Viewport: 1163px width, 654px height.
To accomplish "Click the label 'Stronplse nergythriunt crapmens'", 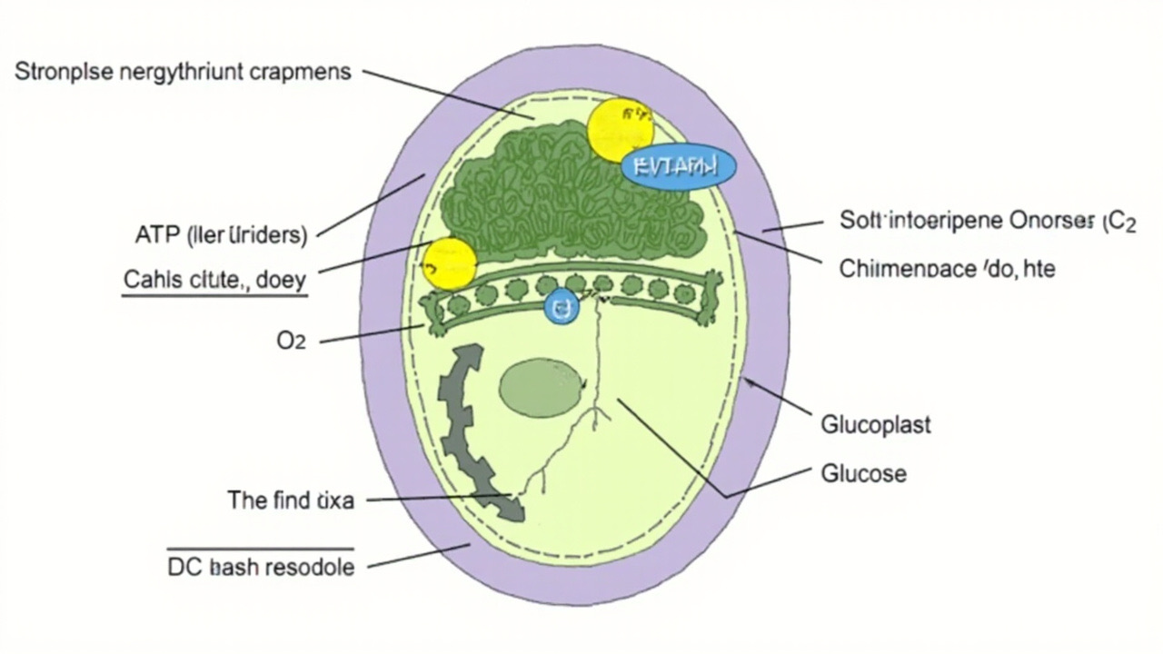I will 183,73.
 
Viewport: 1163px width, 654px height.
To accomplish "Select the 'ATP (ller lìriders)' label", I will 220,236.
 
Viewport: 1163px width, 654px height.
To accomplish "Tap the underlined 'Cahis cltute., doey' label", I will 214,280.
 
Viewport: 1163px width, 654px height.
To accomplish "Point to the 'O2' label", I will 291,342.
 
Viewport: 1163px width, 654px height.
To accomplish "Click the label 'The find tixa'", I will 290,500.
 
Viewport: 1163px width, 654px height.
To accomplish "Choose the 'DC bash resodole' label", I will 261,567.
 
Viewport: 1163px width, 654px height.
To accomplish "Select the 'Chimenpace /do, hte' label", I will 947,269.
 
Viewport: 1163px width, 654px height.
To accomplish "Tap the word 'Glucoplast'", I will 876,424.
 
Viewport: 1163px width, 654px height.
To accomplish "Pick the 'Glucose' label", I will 863,473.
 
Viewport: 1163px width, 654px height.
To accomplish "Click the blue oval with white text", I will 678,166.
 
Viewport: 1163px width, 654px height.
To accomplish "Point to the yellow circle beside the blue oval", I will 620,129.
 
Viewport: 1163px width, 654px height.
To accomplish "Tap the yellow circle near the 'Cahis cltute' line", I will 450,263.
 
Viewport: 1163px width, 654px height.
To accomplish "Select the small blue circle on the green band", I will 561,309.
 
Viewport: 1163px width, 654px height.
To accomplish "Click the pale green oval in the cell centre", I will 542,387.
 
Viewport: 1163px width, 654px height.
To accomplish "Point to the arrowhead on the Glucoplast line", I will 750,383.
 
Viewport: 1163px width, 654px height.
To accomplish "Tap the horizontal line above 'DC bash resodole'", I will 261,549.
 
